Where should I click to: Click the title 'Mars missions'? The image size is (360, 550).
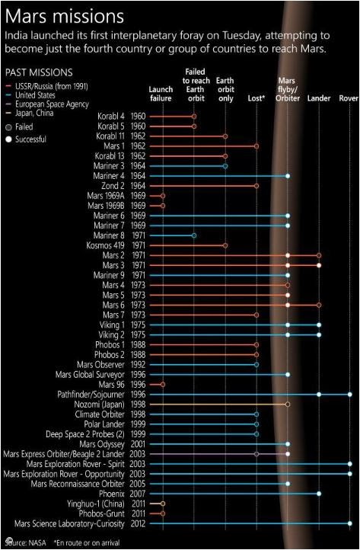point(65,17)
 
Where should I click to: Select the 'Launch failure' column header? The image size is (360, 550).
point(161,94)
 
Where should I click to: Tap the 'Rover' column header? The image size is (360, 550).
point(349,98)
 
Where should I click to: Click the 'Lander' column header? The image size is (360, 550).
point(319,98)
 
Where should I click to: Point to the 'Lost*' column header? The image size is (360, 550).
point(256,98)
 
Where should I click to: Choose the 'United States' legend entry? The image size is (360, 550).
point(35,95)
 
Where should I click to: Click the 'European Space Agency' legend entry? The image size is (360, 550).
point(52,104)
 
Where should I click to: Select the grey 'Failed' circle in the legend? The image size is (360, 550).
point(9,127)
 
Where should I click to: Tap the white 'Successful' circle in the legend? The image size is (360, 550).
point(9,139)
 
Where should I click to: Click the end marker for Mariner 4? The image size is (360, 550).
point(288,176)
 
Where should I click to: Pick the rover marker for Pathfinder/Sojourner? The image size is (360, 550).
point(350,395)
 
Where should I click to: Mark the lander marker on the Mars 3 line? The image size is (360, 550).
point(319,265)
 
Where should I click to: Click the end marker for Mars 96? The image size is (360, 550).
point(163,385)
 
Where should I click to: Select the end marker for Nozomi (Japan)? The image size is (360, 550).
point(288,405)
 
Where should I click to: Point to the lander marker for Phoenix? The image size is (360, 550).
point(319,494)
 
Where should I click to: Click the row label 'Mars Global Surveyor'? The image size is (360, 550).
point(90,375)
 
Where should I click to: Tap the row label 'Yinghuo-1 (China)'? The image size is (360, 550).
point(96,504)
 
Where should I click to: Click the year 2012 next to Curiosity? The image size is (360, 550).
point(138,523)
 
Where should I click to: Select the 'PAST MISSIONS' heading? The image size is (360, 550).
point(39,72)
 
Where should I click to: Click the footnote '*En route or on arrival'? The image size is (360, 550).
point(87,542)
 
